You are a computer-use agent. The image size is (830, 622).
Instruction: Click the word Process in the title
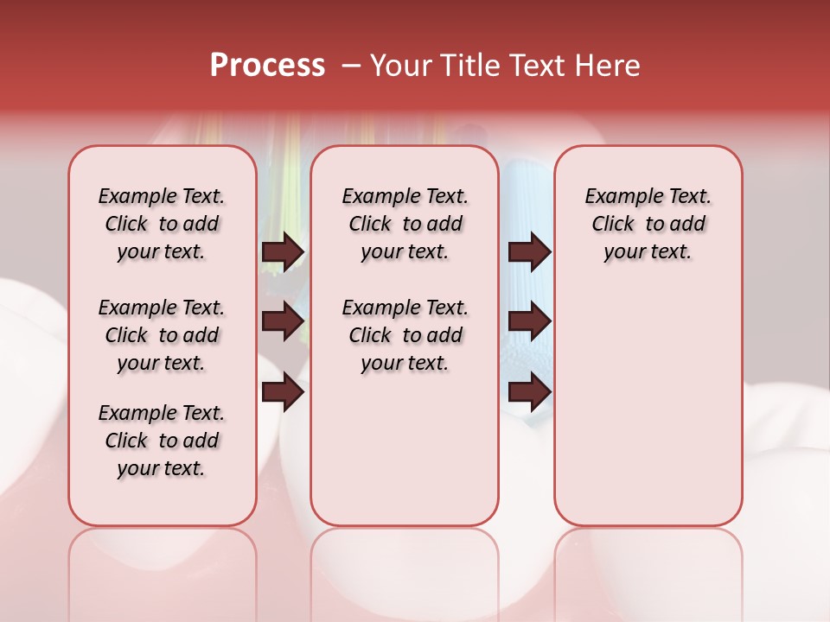click(267, 66)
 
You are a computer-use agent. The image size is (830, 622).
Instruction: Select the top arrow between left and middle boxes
click(283, 252)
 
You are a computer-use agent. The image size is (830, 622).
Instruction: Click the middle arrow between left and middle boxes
click(283, 322)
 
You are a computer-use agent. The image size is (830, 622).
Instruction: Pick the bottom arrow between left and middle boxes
click(283, 393)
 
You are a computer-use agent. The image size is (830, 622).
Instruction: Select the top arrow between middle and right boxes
click(529, 252)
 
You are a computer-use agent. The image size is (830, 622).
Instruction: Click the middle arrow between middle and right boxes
click(529, 322)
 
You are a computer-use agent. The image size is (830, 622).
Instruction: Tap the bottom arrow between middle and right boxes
click(529, 393)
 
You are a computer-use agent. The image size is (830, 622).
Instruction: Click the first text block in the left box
click(162, 224)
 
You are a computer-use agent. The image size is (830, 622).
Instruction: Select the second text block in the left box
click(162, 335)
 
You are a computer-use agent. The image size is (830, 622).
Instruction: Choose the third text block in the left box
click(162, 441)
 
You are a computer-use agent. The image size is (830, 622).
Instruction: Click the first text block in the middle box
click(405, 224)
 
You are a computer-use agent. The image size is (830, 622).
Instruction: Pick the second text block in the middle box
click(405, 335)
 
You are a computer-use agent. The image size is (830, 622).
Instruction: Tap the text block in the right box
click(648, 224)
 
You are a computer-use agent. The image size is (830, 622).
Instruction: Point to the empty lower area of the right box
click(648, 406)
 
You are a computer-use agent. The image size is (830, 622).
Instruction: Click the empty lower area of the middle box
click(405, 449)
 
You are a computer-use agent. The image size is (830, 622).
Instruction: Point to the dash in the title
click(351, 66)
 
